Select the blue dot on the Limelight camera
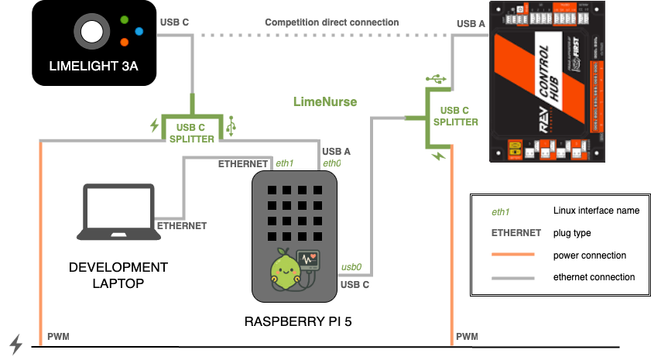pos(139,31)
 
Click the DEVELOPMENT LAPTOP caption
pos(118,275)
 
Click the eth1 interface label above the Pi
pos(285,164)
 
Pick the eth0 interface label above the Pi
pos(332,163)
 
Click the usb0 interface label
pos(352,268)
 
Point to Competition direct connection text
pos(332,22)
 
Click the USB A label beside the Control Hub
pos(471,23)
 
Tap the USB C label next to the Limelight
pos(174,22)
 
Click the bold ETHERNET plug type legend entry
pos(516,233)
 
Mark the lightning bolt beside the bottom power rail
pos(15,342)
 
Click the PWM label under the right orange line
pos(467,337)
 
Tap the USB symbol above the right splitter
pos(439,78)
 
